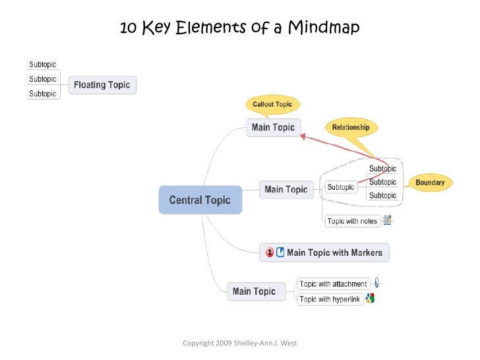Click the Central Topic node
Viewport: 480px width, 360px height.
click(x=200, y=200)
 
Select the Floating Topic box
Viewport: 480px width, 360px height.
click(x=102, y=84)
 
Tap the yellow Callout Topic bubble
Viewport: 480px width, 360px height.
click(x=272, y=104)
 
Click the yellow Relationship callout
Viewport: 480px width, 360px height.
click(x=350, y=127)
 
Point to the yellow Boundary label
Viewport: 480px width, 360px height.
click(x=430, y=182)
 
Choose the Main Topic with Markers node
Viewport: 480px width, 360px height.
click(x=324, y=253)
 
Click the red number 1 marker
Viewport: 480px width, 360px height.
click(x=270, y=253)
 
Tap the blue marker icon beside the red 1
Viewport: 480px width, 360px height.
click(x=280, y=253)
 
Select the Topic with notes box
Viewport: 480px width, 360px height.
click(x=352, y=221)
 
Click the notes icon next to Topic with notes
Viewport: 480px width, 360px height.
click(x=388, y=221)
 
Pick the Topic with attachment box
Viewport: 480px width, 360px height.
click(x=332, y=284)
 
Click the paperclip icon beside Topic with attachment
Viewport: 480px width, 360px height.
click(x=376, y=283)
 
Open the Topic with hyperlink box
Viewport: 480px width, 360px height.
click(x=330, y=299)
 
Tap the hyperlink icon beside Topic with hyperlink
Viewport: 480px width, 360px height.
click(x=371, y=299)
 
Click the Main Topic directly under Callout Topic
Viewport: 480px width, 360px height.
click(x=274, y=127)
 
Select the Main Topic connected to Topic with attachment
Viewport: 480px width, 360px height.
click(x=254, y=291)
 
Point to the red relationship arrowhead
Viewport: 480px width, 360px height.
click(x=303, y=136)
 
